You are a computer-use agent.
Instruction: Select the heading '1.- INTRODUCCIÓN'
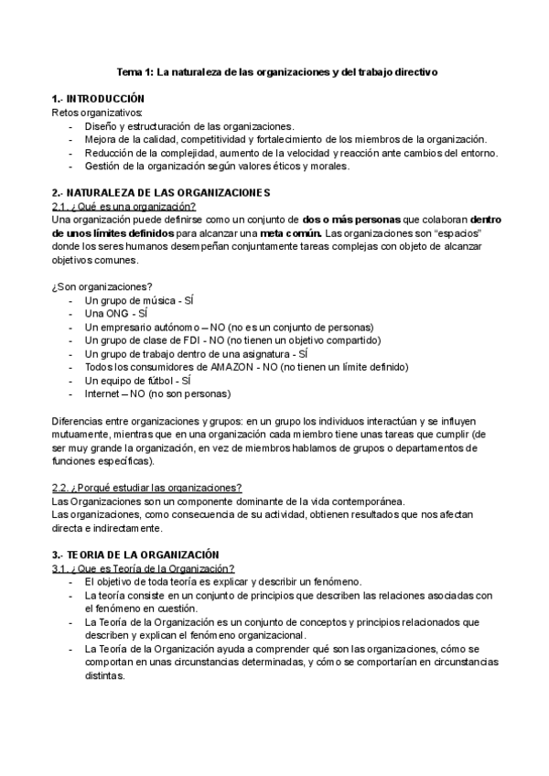click(x=99, y=98)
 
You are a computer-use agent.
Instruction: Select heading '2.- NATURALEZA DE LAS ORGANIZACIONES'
click(x=162, y=193)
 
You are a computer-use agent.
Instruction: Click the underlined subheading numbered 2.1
click(x=131, y=207)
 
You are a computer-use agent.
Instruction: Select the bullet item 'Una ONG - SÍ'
click(x=116, y=314)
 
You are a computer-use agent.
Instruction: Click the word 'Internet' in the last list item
click(x=103, y=393)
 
